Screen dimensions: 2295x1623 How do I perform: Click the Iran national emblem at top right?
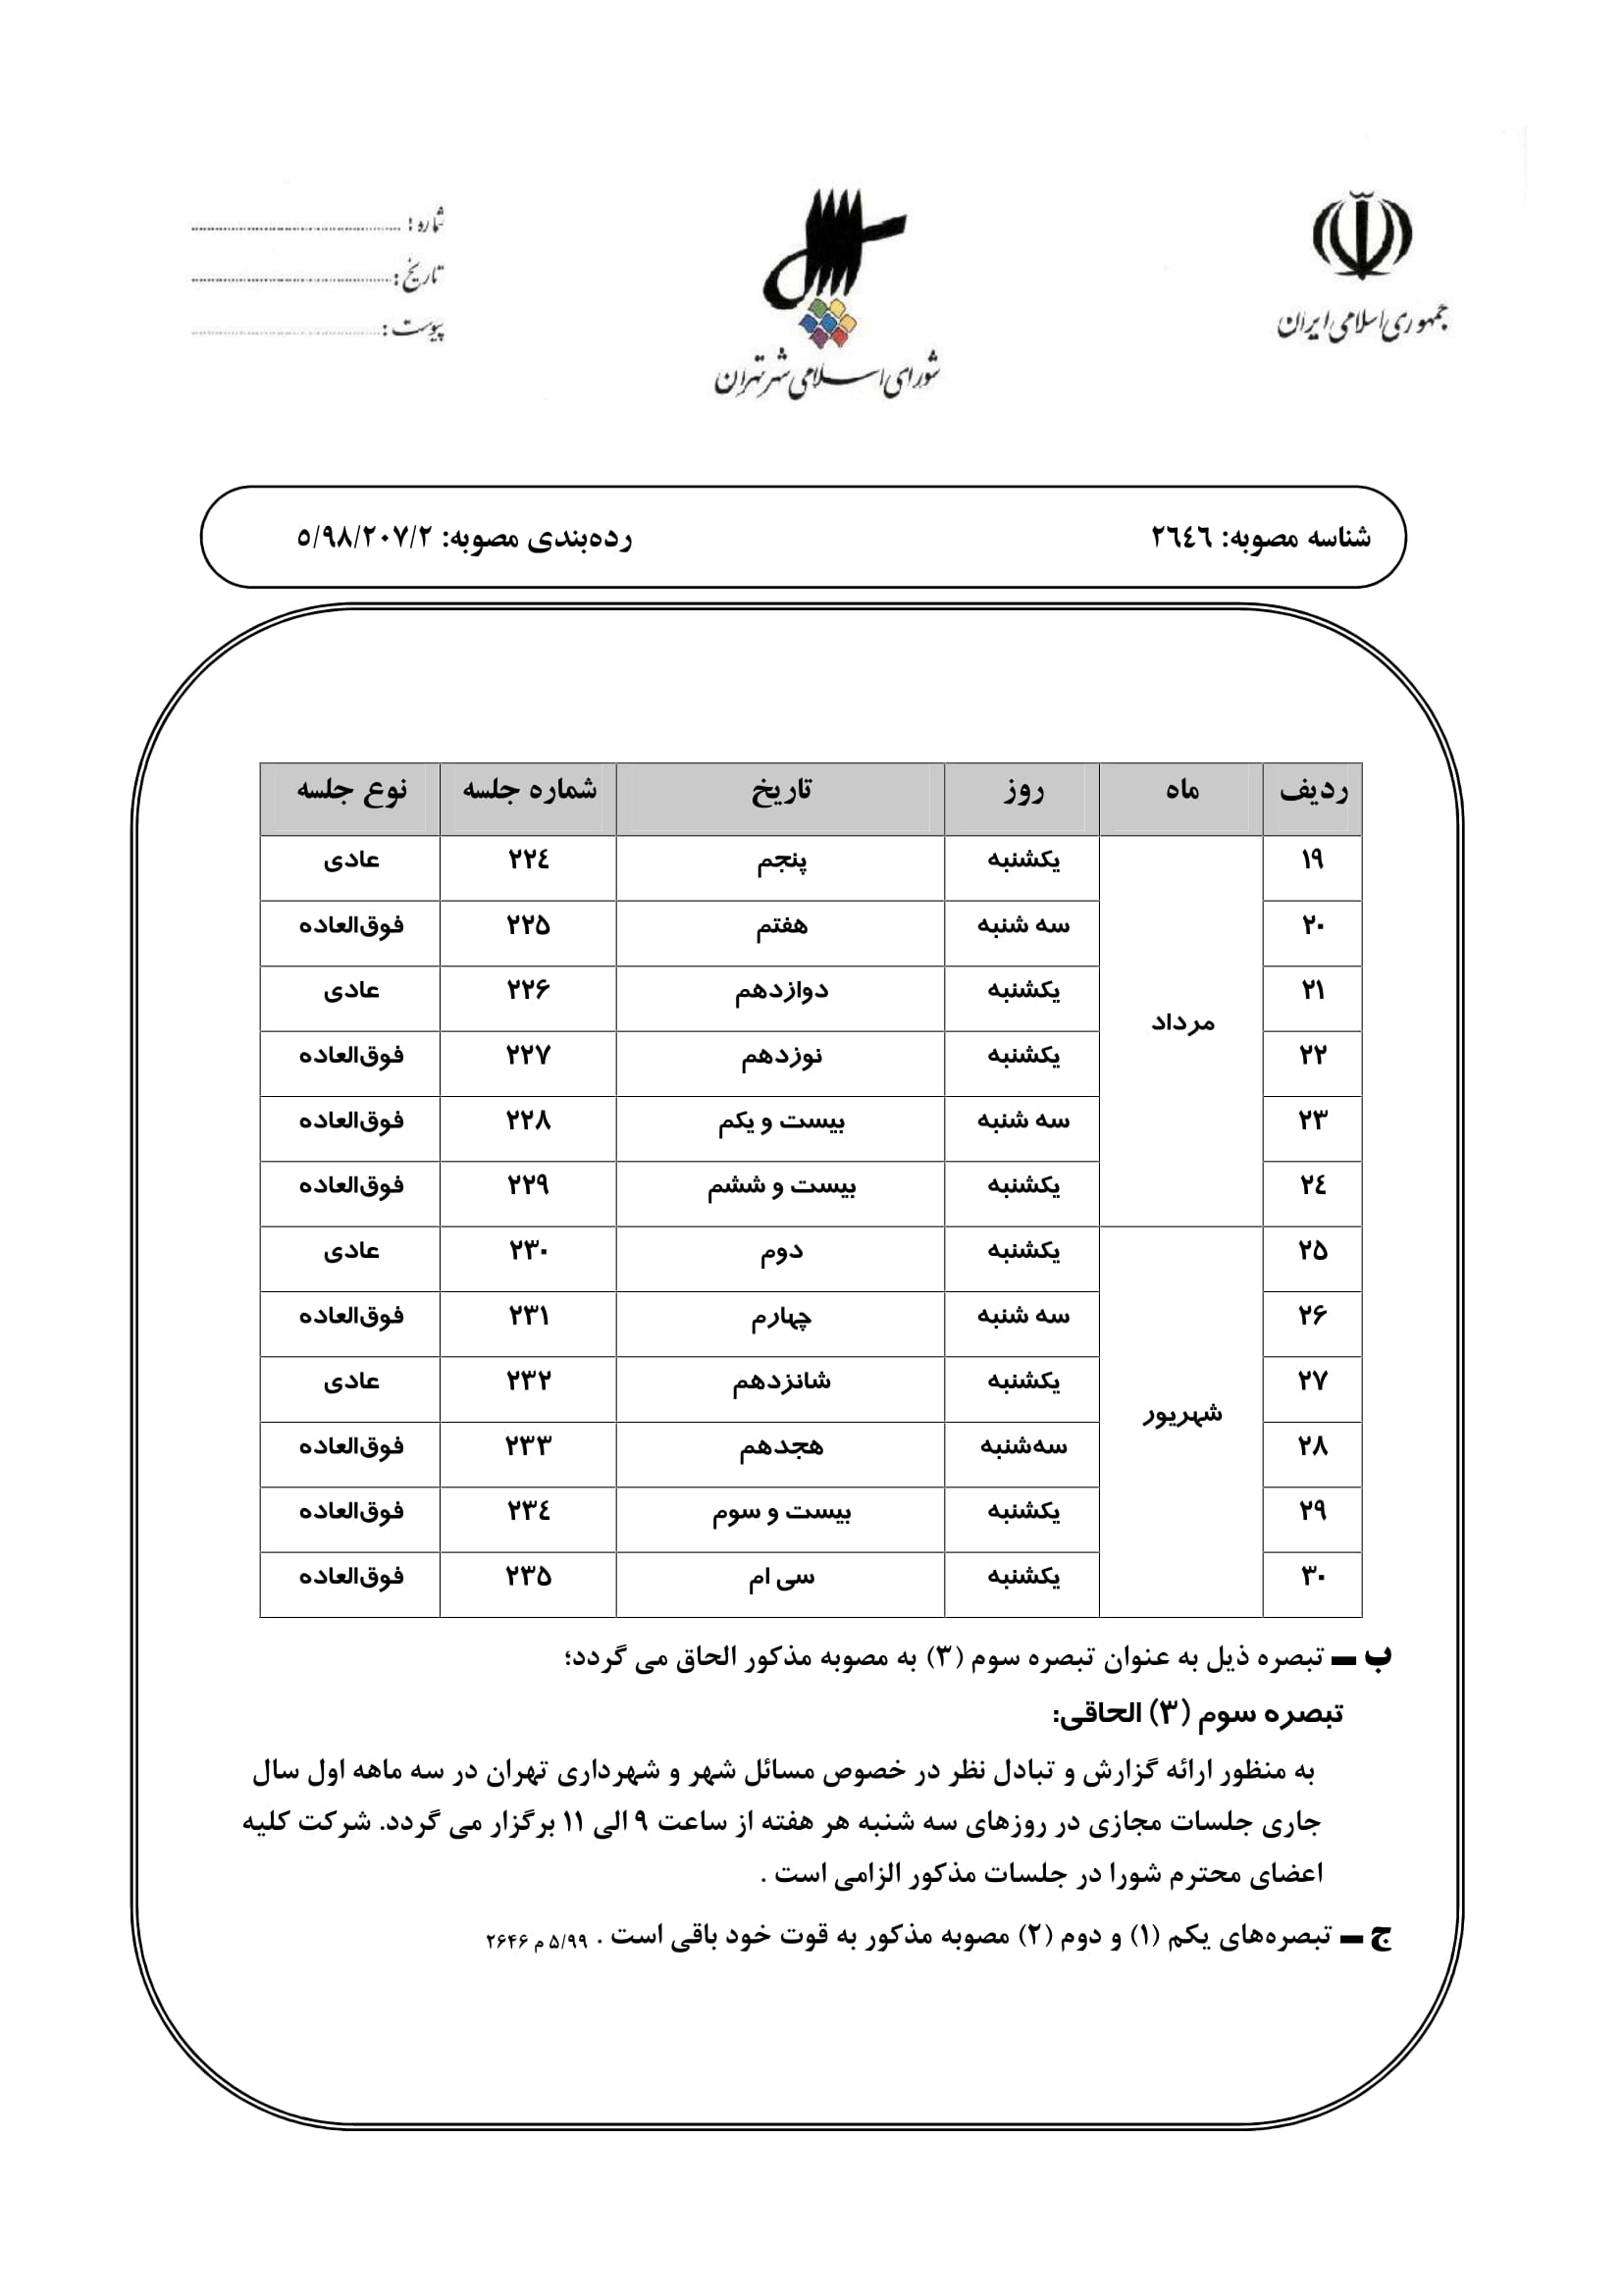tap(1362, 235)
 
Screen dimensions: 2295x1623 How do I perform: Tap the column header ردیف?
tap(1312, 791)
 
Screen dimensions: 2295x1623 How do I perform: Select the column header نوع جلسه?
tap(350, 791)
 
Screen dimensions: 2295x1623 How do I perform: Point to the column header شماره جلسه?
tap(529, 791)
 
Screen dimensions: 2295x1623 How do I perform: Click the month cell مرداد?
tap(1181, 1022)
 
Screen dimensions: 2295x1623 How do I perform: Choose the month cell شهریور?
tap(1181, 1413)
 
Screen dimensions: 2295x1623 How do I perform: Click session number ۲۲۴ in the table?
tap(528, 860)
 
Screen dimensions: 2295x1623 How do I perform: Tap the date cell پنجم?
tap(780, 861)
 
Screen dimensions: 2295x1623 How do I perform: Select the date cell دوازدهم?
tap(780, 992)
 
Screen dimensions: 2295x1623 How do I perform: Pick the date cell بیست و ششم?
tap(780, 1186)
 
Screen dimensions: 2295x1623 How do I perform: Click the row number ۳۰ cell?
tap(1312, 1577)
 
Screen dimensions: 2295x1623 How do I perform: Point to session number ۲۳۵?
tap(528, 1577)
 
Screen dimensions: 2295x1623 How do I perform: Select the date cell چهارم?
tap(780, 1318)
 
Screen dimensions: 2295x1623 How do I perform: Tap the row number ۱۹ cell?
tap(1312, 860)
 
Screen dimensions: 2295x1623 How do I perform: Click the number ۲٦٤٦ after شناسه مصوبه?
tap(1181, 538)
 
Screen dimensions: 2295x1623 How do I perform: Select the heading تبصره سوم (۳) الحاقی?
tap(1196, 1713)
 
